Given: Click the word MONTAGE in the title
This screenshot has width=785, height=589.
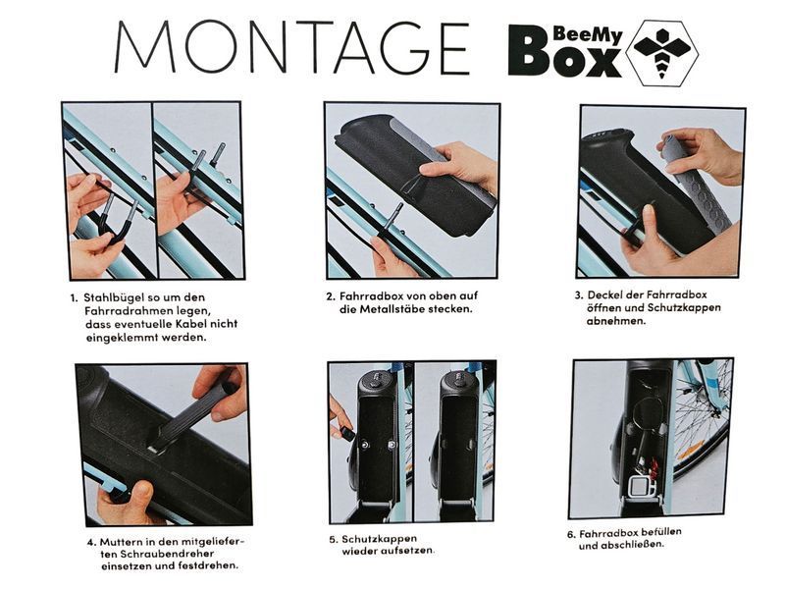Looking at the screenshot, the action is (291, 47).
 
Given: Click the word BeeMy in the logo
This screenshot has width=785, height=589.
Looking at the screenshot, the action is (588, 35).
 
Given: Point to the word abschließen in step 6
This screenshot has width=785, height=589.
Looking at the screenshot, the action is (621, 545).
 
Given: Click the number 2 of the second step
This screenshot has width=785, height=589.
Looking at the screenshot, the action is (330, 296).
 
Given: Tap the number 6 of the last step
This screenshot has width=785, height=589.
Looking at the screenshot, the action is (571, 535).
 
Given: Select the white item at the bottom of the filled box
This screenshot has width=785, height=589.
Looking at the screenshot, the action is (641, 487).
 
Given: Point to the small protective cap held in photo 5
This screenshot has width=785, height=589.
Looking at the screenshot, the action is (347, 433).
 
